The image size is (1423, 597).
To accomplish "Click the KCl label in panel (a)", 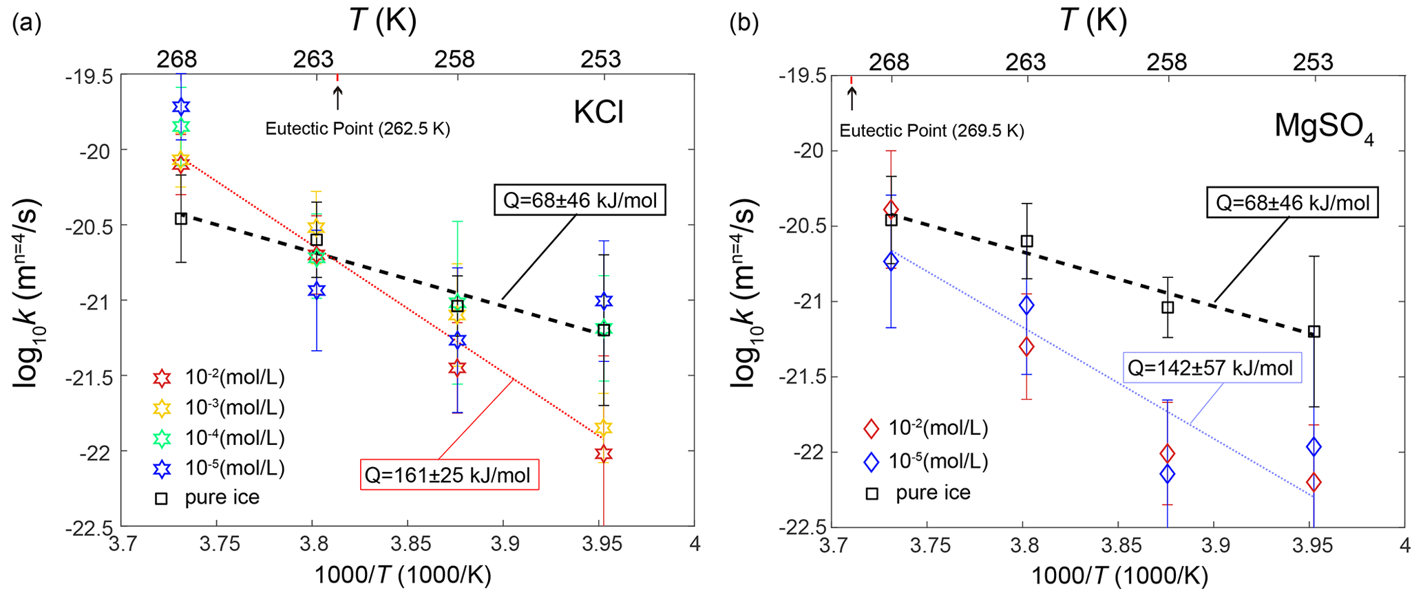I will (598, 111).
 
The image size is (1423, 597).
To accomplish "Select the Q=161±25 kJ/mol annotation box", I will (448, 475).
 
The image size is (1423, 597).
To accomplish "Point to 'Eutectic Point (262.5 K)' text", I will (358, 129).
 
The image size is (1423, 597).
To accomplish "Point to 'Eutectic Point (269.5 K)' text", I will (931, 131).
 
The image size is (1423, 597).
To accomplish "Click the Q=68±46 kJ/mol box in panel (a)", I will (580, 201).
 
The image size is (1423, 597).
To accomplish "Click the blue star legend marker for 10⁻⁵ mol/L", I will (162, 468).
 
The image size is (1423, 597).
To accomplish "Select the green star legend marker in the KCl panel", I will (162, 438).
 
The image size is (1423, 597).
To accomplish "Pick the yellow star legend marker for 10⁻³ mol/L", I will (162, 408).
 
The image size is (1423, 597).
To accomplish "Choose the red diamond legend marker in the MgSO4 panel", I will (872, 428).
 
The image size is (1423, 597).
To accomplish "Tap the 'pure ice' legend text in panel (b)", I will (933, 492).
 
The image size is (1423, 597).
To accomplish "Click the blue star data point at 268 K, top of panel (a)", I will (181, 107).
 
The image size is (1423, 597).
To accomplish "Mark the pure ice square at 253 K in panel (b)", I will (1314, 332).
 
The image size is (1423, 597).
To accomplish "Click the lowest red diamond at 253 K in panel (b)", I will (1314, 482).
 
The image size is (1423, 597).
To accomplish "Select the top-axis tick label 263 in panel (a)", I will (314, 60).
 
